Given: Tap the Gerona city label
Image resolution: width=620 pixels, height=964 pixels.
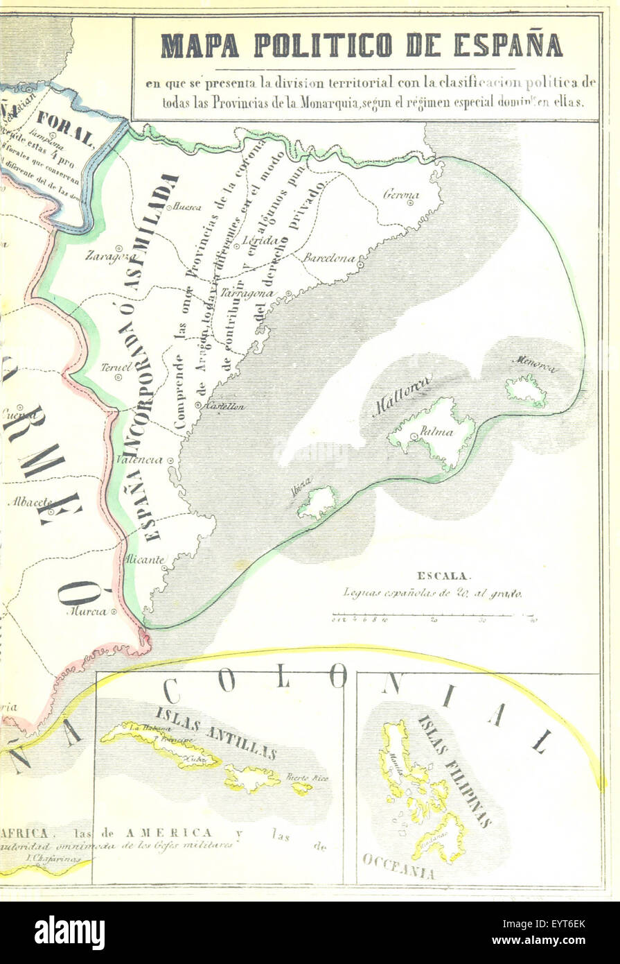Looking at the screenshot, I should click(x=402, y=195).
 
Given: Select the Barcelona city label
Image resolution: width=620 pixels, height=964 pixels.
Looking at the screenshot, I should click(x=329, y=257).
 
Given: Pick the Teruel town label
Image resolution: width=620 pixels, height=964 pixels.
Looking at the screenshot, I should click(x=111, y=368).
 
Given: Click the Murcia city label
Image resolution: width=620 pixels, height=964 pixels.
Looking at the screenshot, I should click(x=87, y=611).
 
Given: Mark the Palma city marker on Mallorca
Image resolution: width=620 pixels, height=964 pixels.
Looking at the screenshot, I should click(x=414, y=437).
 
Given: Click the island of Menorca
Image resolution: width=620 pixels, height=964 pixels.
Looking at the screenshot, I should click(x=526, y=390).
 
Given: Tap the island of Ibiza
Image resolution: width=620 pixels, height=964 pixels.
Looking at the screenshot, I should click(x=317, y=502).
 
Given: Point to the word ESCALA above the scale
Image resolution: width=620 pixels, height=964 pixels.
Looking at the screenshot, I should click(x=443, y=575).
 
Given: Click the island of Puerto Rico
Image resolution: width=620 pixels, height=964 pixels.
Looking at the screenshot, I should click(x=301, y=788).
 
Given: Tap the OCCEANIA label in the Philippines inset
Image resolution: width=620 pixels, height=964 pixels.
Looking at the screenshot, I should click(x=398, y=867).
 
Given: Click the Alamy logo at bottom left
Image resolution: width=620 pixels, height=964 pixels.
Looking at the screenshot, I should click(x=69, y=932).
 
